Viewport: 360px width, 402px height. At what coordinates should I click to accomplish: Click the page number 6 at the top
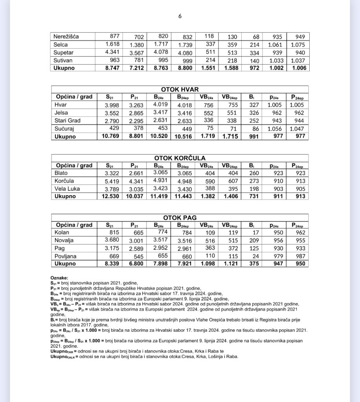point(180,16)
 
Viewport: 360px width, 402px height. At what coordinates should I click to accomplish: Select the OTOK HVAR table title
point(180,89)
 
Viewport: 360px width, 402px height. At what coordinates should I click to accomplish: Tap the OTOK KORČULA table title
point(180,158)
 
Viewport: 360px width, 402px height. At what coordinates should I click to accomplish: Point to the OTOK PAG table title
point(180,217)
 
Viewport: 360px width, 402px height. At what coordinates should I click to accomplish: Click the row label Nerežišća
point(66,37)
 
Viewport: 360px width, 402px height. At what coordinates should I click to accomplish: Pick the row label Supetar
point(64,53)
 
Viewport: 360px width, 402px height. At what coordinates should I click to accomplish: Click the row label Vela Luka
point(67,188)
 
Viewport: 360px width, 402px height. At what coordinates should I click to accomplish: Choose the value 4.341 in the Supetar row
point(111,52)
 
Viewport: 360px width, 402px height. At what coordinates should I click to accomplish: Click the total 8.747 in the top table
point(111,68)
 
